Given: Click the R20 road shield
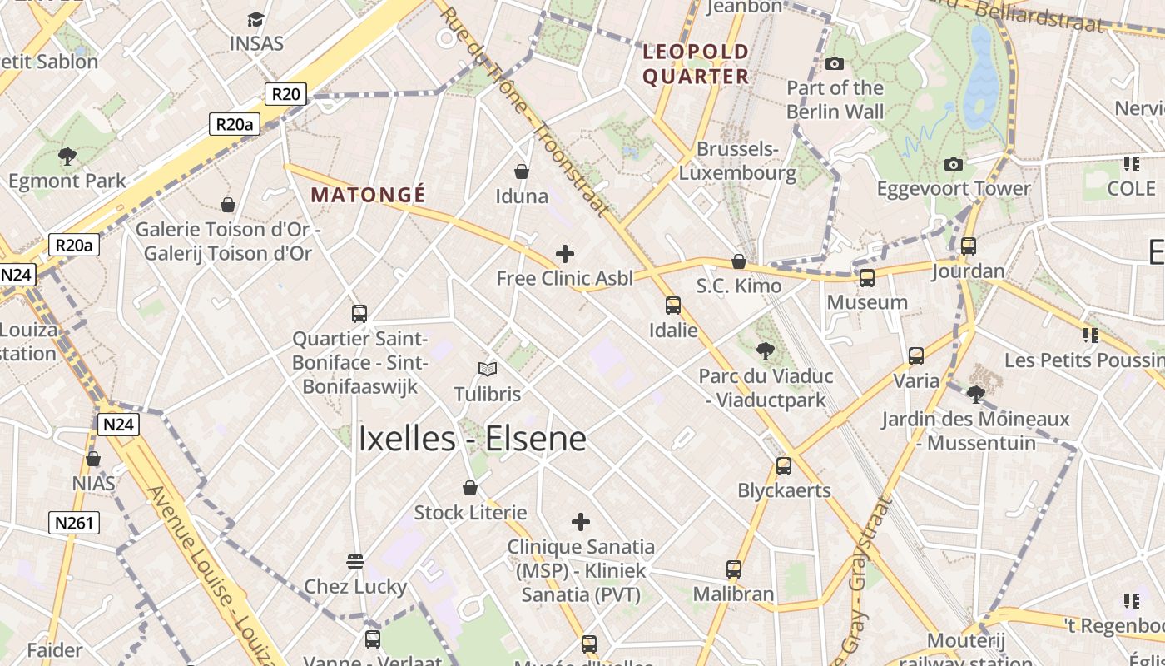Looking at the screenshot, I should [x=285, y=94].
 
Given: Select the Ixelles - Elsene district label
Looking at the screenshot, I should [x=472, y=440].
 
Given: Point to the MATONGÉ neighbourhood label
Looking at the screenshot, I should [x=368, y=196].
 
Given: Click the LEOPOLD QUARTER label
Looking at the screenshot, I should [x=696, y=64].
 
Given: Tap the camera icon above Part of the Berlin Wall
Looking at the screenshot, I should [x=834, y=63].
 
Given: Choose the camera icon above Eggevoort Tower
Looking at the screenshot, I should [x=954, y=164].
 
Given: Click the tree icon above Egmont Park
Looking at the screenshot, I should [x=67, y=156].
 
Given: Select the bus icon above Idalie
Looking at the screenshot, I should [x=672, y=306].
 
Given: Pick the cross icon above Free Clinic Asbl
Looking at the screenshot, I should [x=565, y=253].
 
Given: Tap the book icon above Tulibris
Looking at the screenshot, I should [x=488, y=369].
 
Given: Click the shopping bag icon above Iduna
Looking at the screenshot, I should [x=522, y=171].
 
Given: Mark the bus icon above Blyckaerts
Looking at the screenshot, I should [x=784, y=465].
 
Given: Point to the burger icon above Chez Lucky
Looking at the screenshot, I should [x=355, y=562].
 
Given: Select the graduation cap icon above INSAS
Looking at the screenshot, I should [x=256, y=18].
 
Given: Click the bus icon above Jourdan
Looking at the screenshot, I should [x=968, y=246].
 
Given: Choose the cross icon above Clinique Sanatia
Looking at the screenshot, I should [x=581, y=522].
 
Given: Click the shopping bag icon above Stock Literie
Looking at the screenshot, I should [x=470, y=488].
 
